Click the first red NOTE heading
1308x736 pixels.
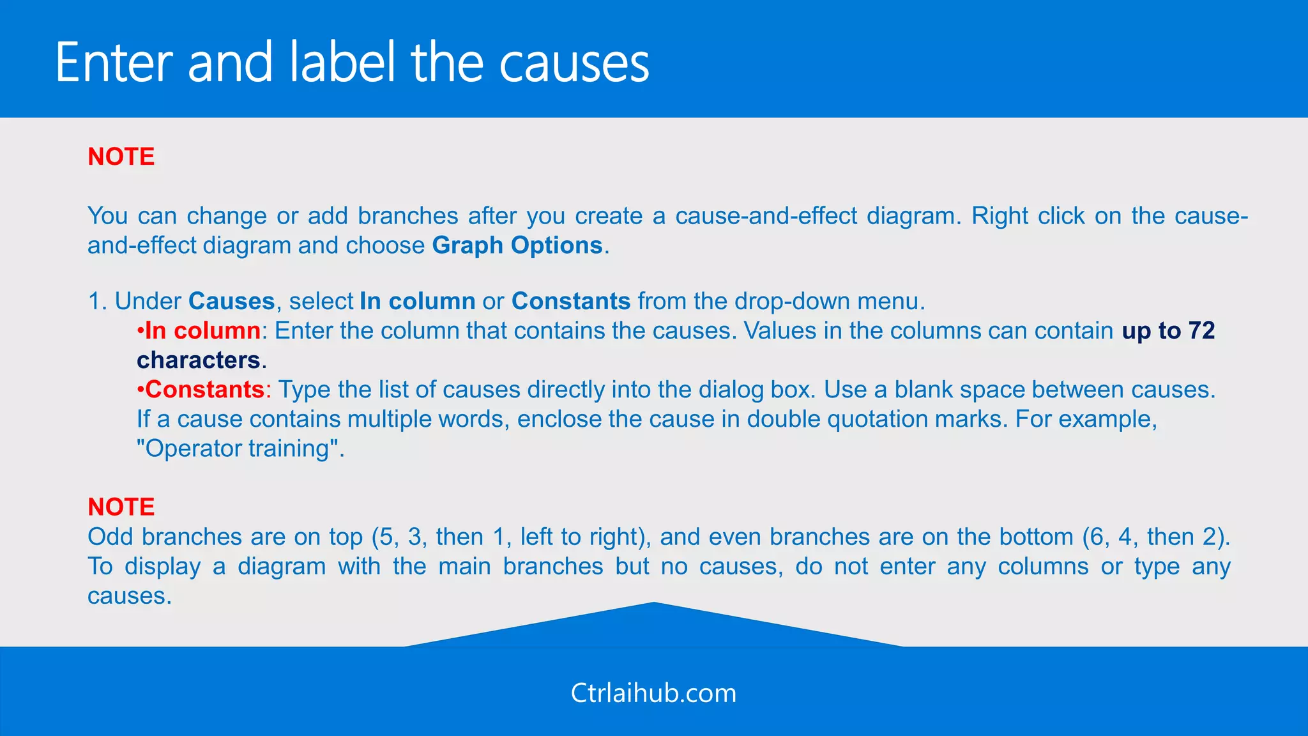click(x=121, y=157)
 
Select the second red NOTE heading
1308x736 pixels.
click(x=121, y=507)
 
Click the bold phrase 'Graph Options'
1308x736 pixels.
click(x=517, y=245)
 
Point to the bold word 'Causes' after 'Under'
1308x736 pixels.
click(x=231, y=301)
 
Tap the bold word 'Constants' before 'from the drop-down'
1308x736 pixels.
click(x=571, y=301)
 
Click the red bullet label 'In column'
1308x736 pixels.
click(x=202, y=330)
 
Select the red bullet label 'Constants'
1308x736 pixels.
click(x=204, y=389)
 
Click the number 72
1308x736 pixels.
click(x=1201, y=330)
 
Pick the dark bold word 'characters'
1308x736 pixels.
click(x=198, y=360)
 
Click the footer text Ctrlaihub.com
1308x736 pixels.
click(x=653, y=693)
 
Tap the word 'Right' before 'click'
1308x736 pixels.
click(x=1000, y=216)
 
